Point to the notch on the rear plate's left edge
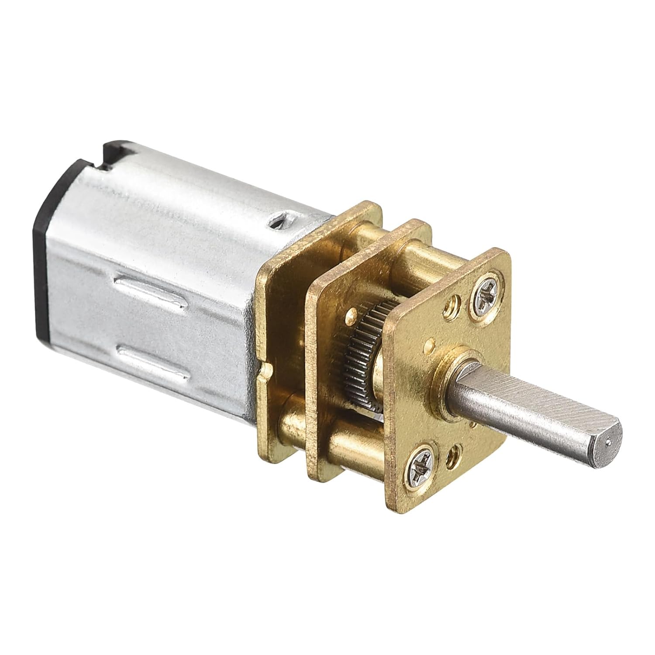point(265,371)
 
